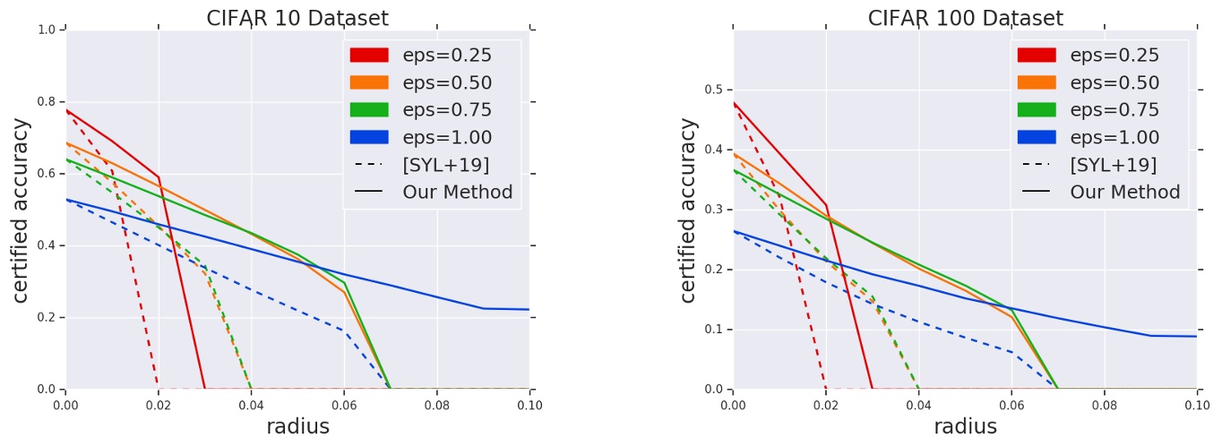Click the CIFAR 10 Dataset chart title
click(297, 18)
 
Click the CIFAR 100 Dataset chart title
click(965, 18)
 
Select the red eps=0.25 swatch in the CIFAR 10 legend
click(369, 56)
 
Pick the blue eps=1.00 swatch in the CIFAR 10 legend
click(369, 137)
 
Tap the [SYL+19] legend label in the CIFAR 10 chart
click(445, 165)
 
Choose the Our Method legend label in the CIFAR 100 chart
click(1124, 192)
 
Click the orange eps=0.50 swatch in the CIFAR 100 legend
click(1037, 82)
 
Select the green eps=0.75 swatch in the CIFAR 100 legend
click(1037, 110)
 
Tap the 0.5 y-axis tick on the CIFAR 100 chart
click(715, 90)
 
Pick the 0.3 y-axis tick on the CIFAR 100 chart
click(715, 210)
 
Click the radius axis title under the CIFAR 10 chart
click(297, 427)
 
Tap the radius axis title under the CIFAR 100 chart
click(965, 427)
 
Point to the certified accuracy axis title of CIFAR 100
click(689, 210)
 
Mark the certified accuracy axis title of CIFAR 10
click(22, 210)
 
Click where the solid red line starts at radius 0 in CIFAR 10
click(67, 110)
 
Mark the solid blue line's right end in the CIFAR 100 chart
click(1195, 336)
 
